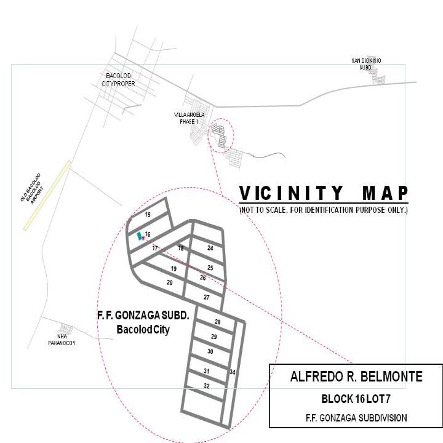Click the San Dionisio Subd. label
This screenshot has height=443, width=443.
[366, 64]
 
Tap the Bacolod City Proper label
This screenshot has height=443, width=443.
[118, 79]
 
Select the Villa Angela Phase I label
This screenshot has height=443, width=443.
[189, 118]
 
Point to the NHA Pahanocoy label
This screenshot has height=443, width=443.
[62, 340]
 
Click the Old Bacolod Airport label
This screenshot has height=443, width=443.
[31, 188]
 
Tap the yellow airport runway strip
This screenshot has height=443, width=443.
[47, 196]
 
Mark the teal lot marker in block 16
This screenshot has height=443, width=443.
[139, 236]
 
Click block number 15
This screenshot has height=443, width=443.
[148, 215]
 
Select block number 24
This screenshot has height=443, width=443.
[210, 248]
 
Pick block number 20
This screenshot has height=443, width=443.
[170, 282]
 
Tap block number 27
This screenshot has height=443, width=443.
[207, 297]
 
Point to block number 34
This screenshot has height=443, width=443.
[232, 372]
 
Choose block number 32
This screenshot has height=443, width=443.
[207, 386]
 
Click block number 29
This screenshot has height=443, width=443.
[214, 337]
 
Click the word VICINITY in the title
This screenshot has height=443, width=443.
[291, 193]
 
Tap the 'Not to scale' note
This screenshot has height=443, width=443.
[324, 210]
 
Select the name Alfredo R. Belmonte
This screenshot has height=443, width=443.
[356, 377]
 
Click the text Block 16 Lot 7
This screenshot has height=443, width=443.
[356, 399]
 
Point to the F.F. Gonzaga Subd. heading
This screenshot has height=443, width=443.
[143, 315]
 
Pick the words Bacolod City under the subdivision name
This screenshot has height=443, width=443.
[143, 329]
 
